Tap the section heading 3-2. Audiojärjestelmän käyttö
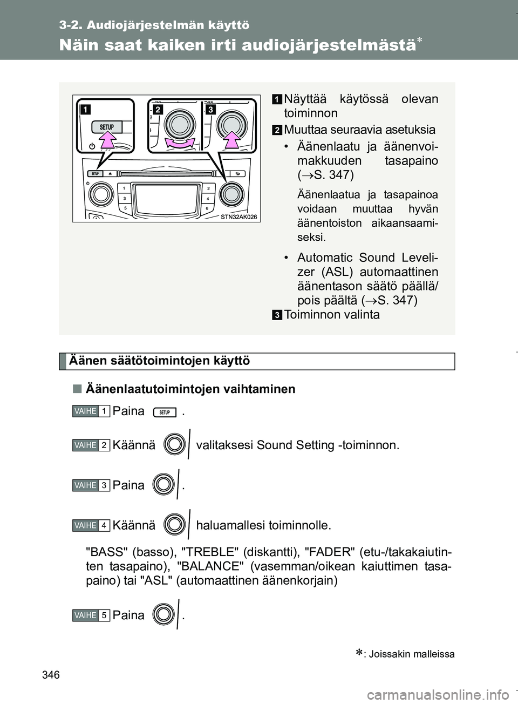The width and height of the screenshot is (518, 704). tap(155, 25)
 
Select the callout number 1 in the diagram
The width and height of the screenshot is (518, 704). tap(85, 110)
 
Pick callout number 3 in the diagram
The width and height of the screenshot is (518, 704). tap(210, 110)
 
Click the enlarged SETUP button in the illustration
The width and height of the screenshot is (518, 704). tap(107, 127)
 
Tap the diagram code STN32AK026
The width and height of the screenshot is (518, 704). tap(240, 217)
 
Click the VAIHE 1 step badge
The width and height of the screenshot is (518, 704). tap(91, 411)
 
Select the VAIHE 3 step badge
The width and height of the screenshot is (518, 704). tap(91, 485)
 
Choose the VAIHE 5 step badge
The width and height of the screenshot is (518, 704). tap(91, 615)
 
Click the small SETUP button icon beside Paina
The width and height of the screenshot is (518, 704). tap(165, 412)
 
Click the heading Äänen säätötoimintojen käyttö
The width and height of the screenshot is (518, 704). tap(160, 361)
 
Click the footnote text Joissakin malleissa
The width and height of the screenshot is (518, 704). tap(411, 654)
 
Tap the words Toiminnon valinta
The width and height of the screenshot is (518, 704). tap(331, 315)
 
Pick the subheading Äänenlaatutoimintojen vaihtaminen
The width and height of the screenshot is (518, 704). tap(190, 389)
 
